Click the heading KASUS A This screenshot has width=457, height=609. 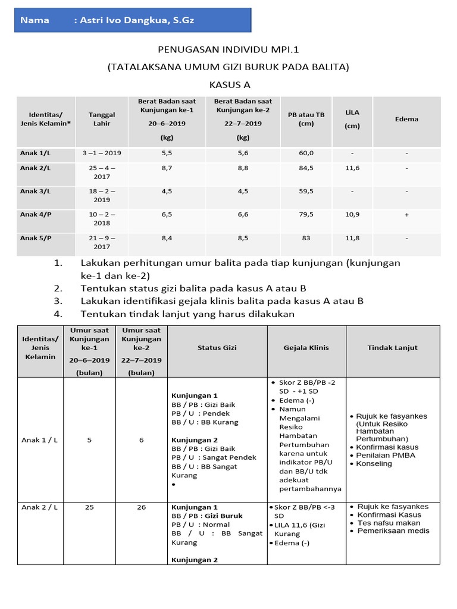[228, 85]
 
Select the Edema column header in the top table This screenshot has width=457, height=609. [406, 119]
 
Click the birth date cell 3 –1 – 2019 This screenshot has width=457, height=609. [102, 153]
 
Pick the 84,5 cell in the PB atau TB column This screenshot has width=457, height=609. [306, 168]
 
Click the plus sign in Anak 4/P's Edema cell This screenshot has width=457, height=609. [406, 215]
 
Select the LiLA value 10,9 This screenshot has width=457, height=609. [352, 215]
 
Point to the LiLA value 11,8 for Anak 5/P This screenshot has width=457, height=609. [352, 238]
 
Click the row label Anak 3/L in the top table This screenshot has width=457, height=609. [36, 192]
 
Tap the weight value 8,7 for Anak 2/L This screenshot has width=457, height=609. [167, 168]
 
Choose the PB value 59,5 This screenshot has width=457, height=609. [306, 192]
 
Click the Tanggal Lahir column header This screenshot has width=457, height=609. [102, 119]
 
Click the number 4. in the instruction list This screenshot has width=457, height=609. [58, 314]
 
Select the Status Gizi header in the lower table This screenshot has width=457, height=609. [217, 348]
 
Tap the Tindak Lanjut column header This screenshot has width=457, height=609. [392, 348]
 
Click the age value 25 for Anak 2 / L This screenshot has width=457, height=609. [89, 507]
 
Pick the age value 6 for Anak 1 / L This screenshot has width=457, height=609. [141, 440]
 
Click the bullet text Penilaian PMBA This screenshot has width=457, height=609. [386, 456]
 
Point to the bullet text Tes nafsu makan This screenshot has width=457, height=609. [389, 523]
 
